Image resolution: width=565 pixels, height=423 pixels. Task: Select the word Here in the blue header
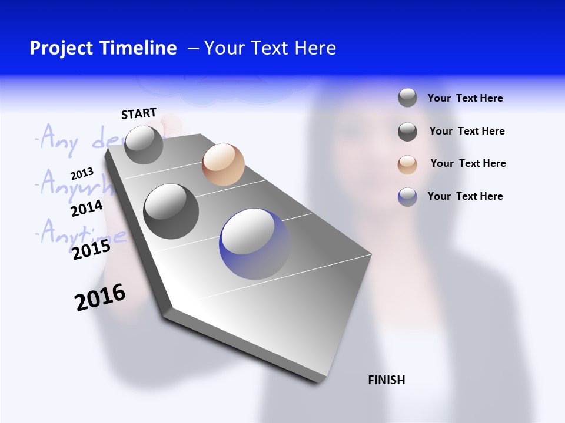click(315, 48)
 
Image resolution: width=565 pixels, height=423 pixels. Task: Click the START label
click(139, 113)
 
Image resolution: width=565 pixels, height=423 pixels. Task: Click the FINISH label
click(386, 380)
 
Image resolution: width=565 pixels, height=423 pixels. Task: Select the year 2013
click(82, 174)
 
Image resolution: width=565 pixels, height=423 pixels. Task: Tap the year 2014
click(87, 209)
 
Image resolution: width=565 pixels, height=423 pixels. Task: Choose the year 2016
click(100, 297)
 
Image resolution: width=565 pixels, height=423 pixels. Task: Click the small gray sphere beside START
click(144, 145)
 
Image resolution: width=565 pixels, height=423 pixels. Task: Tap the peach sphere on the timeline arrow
click(223, 164)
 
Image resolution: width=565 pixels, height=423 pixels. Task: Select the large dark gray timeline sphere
click(171, 211)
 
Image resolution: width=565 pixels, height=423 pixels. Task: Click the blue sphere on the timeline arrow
click(254, 244)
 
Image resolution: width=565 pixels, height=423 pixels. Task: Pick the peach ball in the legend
click(407, 164)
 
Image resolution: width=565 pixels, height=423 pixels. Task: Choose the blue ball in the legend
click(407, 197)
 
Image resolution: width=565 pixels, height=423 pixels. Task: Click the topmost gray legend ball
click(407, 98)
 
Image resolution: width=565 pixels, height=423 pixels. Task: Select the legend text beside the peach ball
click(468, 163)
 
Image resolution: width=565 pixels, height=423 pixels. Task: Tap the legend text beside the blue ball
click(465, 196)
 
